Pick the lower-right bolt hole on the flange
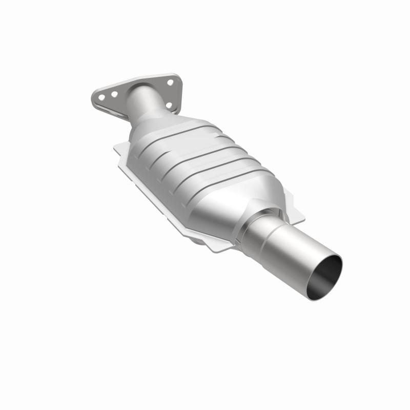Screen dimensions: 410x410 coord(169,105)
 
